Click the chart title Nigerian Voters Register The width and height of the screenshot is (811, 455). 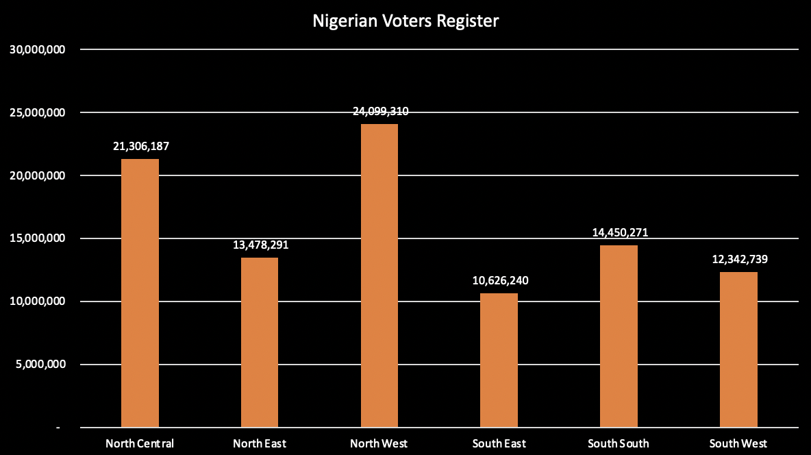point(405,21)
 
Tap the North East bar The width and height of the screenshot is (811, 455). point(260,343)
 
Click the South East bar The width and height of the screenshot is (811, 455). point(499,360)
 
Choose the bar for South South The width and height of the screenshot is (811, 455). point(619,336)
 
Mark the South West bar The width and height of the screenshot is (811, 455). point(739,349)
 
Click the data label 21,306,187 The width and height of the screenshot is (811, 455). point(140,147)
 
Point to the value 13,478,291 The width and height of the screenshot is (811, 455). point(260,245)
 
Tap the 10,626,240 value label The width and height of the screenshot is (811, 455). point(500,280)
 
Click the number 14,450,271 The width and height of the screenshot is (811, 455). point(620,232)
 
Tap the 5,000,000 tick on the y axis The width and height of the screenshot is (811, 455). point(40,365)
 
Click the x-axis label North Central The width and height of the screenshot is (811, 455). point(140,443)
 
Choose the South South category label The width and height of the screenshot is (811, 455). point(619,443)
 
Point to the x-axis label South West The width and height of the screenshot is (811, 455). point(738,443)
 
